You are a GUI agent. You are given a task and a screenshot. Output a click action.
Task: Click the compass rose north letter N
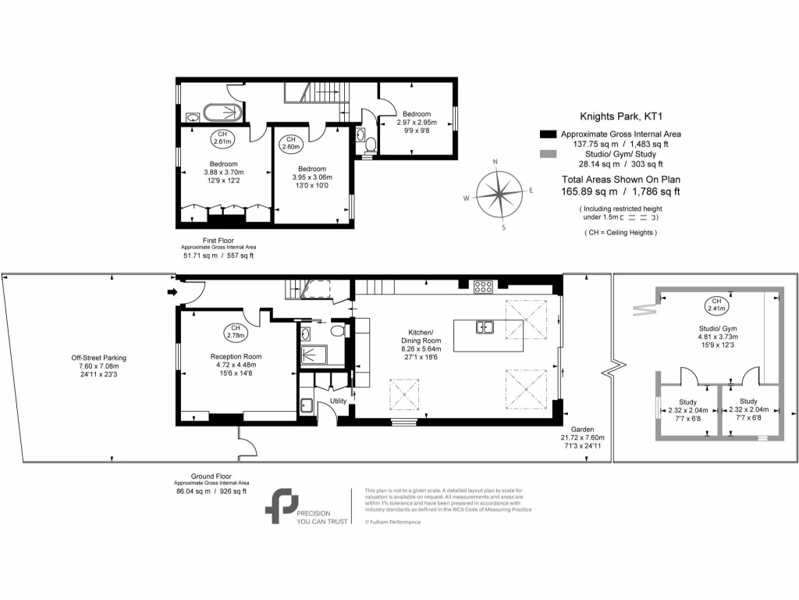[495, 162]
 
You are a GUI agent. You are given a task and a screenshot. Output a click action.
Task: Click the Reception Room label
[236, 356]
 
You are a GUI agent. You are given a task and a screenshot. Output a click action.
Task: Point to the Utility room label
[338, 401]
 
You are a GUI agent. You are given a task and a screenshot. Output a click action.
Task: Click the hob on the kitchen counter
[482, 287]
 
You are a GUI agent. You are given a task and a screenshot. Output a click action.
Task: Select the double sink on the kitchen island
[486, 327]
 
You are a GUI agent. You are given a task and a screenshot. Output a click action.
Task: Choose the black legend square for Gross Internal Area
[548, 134]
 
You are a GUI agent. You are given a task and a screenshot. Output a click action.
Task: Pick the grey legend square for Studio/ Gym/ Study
[548, 155]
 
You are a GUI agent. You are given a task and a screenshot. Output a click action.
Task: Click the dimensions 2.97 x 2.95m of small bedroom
[417, 122]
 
